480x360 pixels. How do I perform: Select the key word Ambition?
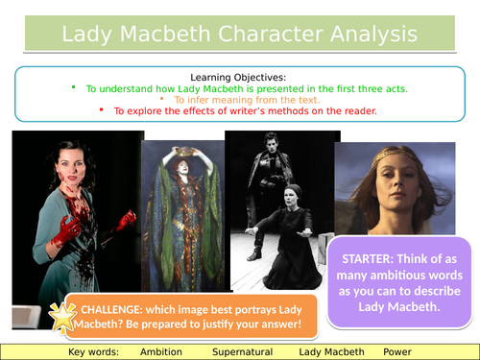160,351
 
